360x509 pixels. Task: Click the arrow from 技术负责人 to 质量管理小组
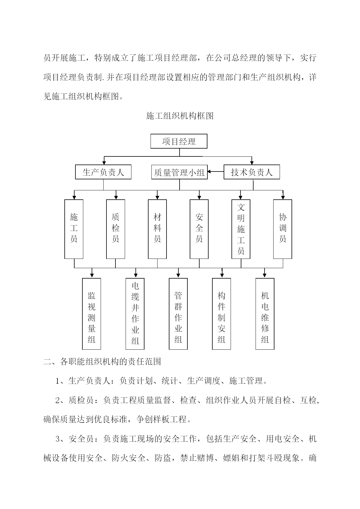pos(216,172)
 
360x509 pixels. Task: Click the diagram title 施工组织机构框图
pos(180,116)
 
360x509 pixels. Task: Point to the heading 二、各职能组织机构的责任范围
pos(102,362)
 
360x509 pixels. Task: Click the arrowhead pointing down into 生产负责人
pos(104,163)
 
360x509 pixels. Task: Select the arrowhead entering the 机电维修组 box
pos(265,276)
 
